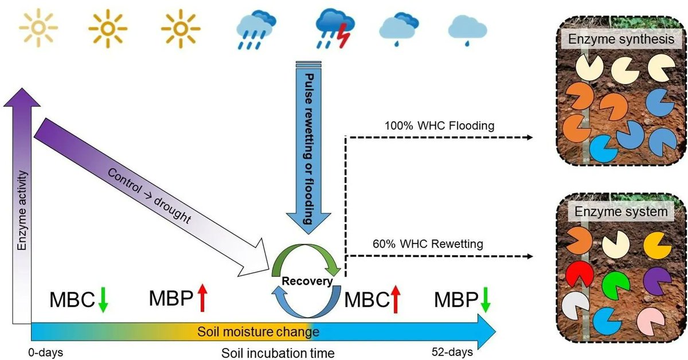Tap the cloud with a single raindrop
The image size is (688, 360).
point(467,29)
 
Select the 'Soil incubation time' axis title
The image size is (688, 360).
point(277,352)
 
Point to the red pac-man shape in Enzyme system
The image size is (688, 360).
point(574,273)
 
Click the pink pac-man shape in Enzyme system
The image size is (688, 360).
point(657,321)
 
